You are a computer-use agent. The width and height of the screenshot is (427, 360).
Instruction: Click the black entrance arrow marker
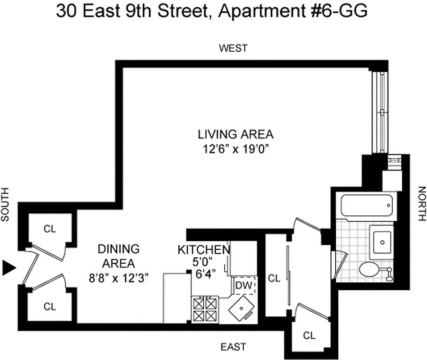9,268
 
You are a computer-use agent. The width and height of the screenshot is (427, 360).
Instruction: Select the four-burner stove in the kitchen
205,309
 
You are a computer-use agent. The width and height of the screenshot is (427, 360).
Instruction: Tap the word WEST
233,48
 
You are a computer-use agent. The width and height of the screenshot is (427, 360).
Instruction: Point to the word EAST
233,346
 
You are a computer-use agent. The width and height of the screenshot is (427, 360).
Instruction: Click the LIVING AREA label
236,134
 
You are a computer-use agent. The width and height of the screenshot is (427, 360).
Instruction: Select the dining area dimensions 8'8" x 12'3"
118,278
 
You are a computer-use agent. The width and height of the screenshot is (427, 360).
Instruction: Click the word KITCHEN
204,250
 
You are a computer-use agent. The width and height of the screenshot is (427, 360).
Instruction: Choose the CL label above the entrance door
50,229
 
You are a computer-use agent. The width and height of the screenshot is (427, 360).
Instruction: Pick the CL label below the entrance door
50,307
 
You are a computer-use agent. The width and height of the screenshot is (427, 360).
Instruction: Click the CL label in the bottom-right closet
309,335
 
